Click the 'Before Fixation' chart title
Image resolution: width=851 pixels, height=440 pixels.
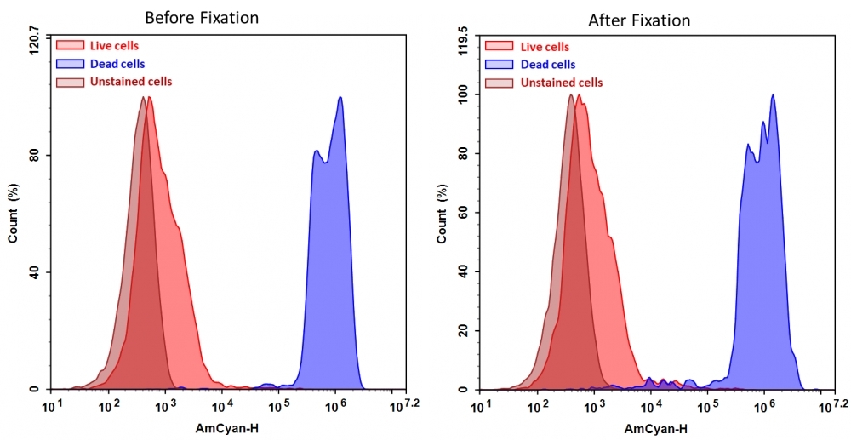(202, 18)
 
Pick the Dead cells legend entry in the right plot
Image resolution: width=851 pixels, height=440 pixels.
(548, 65)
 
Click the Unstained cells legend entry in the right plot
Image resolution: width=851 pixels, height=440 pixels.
(562, 83)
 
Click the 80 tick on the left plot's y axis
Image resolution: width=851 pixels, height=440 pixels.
(37, 156)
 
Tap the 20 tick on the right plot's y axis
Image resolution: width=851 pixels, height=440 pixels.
(465, 331)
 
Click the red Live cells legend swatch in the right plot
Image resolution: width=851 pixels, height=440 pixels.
(499, 47)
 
